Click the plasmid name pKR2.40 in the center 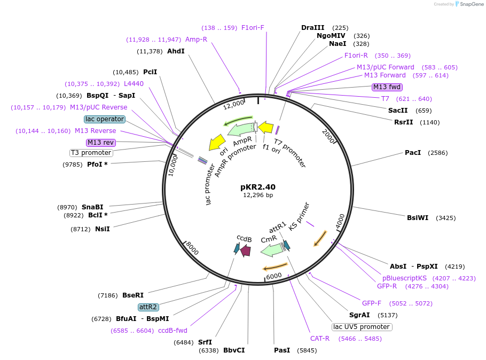click(258, 187)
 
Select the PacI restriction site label click(413, 153)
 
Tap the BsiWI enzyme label click(418, 218)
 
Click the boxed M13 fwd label click(387, 87)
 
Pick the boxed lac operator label click(105, 119)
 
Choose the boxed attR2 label click(148, 307)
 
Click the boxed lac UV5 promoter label click(362, 327)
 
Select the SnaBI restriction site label click(92, 207)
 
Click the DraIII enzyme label click(313, 28)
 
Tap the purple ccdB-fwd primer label click(173, 331)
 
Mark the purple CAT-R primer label click(320, 339)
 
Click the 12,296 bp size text click(258, 195)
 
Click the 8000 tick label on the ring click(192, 248)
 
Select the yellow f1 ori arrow click(265, 128)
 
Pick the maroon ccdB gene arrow click(246, 250)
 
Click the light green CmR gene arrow click(271, 249)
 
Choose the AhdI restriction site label click(176, 51)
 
